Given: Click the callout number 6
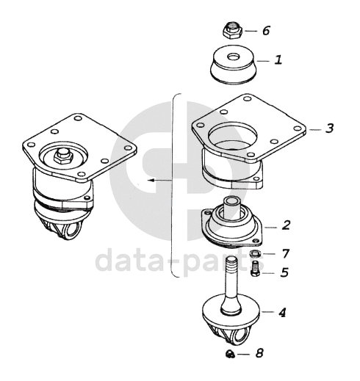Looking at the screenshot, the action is click(266, 31).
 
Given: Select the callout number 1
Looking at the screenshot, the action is click(278, 60).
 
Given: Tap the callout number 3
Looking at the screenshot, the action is click(330, 128).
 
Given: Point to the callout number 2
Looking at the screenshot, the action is click(286, 225).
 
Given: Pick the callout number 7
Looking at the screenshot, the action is click(286, 254).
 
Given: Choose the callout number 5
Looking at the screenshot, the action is click(285, 272).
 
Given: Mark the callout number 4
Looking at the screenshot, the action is click(282, 313).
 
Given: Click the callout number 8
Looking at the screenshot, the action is click(259, 353).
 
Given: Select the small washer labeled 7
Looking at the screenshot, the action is click(254, 253).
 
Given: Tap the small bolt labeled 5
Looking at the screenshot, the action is click(255, 269).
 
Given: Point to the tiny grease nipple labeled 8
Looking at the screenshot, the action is click(230, 354).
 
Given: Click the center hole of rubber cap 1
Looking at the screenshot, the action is click(233, 57).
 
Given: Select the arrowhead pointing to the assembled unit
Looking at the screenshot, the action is click(151, 181).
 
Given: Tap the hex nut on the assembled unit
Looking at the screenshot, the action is click(62, 157).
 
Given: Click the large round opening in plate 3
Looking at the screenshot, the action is click(233, 134).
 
